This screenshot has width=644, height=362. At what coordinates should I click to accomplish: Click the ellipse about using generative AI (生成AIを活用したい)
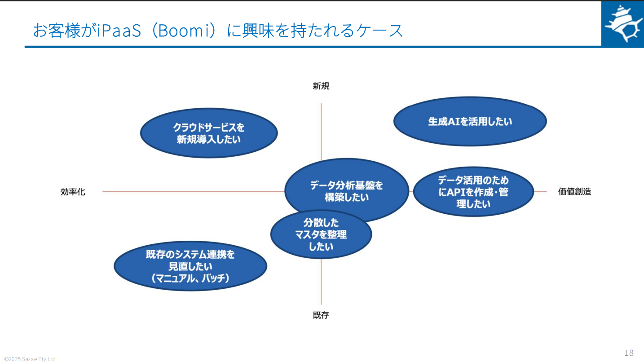coord(470,121)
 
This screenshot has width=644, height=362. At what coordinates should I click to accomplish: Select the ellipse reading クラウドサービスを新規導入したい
coord(209,133)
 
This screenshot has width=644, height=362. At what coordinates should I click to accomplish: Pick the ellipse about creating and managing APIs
coord(473,192)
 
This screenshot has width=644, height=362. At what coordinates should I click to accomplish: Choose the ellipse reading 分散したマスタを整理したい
coord(321,234)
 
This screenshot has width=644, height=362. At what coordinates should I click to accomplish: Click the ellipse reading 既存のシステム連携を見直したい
coord(190,266)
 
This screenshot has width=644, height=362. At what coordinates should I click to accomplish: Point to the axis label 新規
coord(321,86)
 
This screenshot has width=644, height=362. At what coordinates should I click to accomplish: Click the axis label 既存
coord(321,315)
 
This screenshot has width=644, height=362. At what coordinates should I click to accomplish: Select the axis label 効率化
coord(73,192)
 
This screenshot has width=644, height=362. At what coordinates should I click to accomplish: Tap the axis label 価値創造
coord(574,191)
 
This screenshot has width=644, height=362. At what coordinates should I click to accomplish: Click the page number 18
coord(629,352)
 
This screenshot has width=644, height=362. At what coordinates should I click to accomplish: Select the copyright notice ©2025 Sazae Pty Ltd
coord(30,359)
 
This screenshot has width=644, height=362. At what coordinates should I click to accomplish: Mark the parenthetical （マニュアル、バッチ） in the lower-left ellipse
coord(190,278)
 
